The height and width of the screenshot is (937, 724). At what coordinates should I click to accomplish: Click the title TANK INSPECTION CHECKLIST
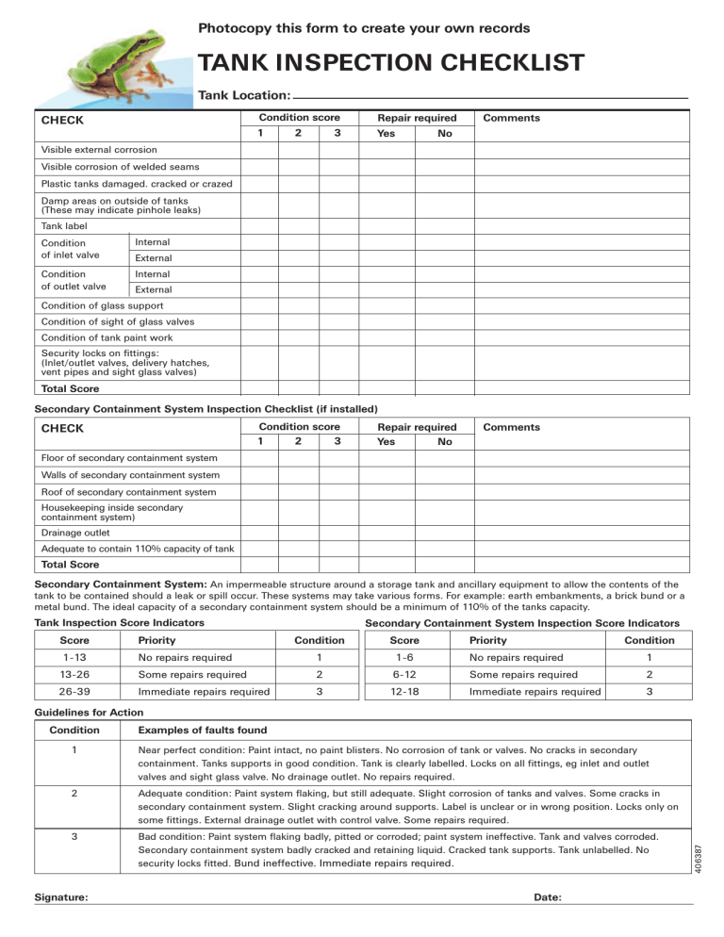coord(390,64)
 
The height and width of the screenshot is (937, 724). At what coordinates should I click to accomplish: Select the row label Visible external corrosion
coord(91,150)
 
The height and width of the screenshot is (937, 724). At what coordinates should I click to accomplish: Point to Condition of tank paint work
coord(105,337)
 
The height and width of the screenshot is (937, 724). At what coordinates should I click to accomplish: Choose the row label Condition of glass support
coord(103,305)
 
